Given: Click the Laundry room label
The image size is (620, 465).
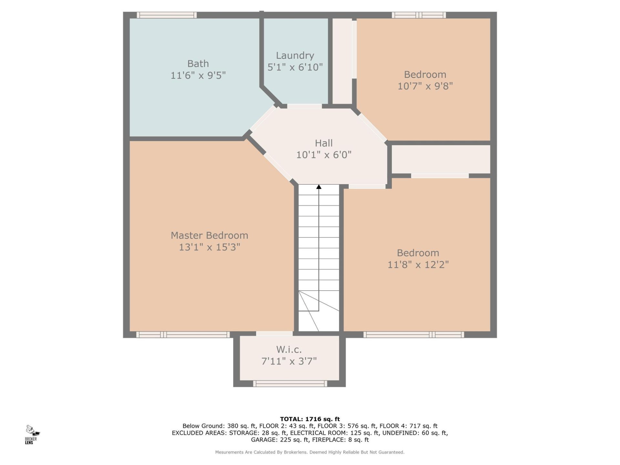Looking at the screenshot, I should (295, 56).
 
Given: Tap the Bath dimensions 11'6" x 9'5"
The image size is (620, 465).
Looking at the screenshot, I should (198, 76).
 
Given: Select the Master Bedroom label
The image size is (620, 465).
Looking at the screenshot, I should (209, 235).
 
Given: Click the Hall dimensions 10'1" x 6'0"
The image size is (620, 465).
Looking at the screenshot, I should (324, 155).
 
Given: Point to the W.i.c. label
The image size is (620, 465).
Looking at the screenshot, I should (289, 349).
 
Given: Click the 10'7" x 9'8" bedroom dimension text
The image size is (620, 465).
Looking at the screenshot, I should (425, 86).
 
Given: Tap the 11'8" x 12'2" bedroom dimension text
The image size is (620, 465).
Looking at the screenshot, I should (418, 265).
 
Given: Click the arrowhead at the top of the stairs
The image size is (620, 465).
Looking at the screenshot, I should (319, 187).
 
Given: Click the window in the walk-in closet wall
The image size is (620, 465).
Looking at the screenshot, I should (290, 384).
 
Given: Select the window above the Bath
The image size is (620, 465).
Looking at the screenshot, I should (167, 15).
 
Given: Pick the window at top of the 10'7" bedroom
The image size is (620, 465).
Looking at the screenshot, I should (419, 15).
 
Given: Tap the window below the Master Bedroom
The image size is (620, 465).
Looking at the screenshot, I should (183, 335).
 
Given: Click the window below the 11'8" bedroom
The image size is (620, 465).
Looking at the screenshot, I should (414, 335).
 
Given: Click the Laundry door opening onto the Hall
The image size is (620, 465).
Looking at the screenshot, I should (304, 106).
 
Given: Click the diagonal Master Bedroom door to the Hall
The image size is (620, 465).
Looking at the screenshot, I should (278, 167).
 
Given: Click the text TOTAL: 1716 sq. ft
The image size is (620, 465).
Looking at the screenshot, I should (310, 419).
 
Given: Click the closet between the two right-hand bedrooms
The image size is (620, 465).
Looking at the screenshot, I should (441, 159).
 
